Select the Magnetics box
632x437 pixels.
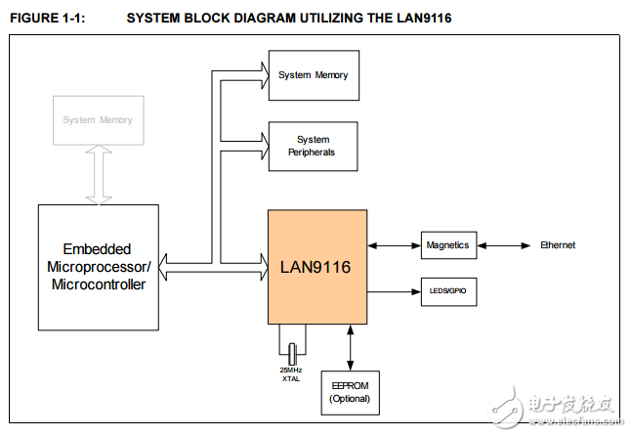tap(449, 245)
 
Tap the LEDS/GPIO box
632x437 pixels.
tap(449, 291)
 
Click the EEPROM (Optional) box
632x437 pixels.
tap(351, 392)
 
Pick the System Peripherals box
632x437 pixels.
tap(313, 147)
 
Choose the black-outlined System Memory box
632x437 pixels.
tap(313, 75)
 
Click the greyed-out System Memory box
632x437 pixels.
tap(98, 120)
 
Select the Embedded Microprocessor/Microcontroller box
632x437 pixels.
tap(97, 266)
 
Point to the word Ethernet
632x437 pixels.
tap(558, 245)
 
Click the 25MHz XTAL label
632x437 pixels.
tap(291, 375)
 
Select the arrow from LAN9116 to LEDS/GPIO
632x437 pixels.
tap(394, 291)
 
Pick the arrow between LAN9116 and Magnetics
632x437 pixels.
tap(394, 245)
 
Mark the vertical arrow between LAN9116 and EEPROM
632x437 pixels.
tap(351, 347)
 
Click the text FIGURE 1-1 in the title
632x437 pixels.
tap(43, 18)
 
